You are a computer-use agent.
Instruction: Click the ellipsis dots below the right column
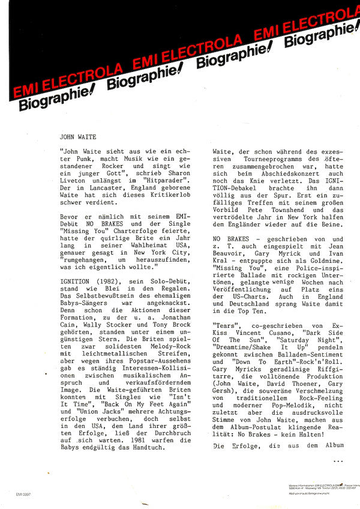click(337, 460)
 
